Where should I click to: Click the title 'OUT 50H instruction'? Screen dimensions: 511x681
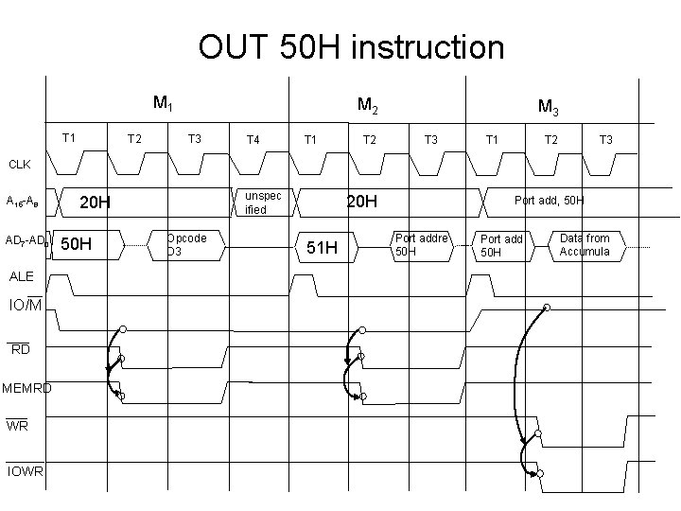point(351,46)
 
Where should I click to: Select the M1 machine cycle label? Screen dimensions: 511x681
point(162,102)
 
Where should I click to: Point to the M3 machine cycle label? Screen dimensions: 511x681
point(547,107)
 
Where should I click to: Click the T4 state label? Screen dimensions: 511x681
point(253,139)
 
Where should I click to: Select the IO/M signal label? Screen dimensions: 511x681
point(25,305)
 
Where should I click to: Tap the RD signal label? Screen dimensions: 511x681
point(20,349)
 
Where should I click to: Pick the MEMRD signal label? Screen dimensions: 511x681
point(26,387)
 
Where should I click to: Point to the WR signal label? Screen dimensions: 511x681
point(17,427)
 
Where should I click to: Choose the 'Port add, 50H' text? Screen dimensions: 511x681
point(550,200)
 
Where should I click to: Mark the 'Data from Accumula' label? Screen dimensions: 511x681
point(585,244)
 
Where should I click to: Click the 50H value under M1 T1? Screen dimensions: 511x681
point(76,245)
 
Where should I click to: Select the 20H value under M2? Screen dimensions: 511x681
point(360,202)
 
